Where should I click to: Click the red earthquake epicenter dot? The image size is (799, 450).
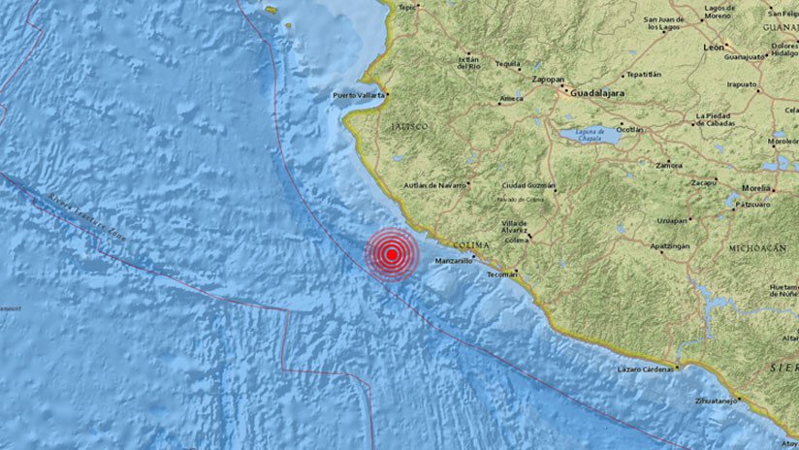391,255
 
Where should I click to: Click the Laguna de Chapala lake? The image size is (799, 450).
587,136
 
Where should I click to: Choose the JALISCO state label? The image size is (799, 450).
408,126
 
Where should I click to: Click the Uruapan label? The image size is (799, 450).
671,219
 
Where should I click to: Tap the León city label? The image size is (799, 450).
715,47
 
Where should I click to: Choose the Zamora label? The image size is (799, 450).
668,166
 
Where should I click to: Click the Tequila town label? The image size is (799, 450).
508,63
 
